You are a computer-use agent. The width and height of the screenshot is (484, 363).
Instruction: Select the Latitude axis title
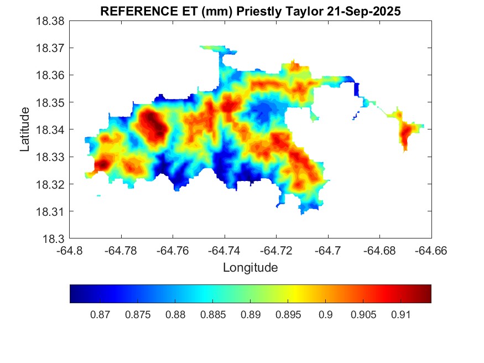tap(24, 130)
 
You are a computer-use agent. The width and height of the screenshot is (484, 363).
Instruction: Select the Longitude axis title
tap(250, 268)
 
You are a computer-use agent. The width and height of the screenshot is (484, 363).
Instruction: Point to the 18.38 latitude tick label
tap(51, 20)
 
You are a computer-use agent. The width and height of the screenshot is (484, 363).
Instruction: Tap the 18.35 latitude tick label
tap(51, 102)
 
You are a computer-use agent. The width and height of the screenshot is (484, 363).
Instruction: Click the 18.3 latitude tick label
tap(55, 238)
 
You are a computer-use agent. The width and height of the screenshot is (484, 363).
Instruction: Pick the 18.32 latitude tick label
tap(51, 184)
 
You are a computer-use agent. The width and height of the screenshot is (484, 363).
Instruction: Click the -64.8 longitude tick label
tap(70, 251)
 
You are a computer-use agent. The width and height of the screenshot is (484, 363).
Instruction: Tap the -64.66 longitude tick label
tap(431, 251)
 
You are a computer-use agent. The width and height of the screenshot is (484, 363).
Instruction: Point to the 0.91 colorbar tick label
tap(400, 315)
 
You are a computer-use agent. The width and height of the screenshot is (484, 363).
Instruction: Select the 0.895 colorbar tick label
tap(288, 315)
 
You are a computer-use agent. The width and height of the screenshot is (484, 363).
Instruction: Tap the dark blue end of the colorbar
tap(74, 294)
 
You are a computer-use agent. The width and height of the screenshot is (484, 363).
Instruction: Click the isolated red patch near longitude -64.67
tap(407, 133)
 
